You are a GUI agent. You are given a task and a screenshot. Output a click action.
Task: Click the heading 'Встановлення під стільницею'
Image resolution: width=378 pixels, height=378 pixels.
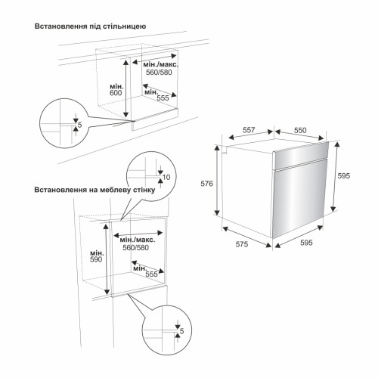pos(90,26)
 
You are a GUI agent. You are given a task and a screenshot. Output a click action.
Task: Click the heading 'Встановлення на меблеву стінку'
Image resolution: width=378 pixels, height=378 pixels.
pos(94,190)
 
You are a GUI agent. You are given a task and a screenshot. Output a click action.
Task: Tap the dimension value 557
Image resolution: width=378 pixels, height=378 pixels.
pos(249,130)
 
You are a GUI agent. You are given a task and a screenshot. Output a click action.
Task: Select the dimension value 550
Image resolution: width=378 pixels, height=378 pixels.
pos(300,130)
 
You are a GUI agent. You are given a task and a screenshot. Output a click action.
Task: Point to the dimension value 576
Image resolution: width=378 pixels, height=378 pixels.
pos(206,184)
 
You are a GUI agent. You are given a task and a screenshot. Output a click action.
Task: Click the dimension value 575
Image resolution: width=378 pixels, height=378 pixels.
pos(242,244)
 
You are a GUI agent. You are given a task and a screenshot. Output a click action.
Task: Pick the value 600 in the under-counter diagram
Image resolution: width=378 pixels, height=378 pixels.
pos(116,93)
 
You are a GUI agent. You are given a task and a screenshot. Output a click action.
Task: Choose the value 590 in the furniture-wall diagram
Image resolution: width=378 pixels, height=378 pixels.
pos(96,259)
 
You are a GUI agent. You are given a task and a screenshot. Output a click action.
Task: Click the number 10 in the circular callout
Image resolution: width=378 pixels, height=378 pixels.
pos(166,177)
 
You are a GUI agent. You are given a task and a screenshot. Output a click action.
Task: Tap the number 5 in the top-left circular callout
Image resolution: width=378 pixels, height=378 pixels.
pos(80,125)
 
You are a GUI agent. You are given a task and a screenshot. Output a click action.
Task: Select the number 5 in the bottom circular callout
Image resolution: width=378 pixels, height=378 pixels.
pos(182,331)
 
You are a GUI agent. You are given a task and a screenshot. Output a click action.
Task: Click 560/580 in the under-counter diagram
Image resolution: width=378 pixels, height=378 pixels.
pos(159,73)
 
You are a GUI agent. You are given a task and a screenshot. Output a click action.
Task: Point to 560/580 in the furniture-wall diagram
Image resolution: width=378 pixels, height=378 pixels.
pos(135,248)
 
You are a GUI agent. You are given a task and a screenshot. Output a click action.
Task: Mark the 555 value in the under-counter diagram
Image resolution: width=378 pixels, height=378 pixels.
pos(163,98)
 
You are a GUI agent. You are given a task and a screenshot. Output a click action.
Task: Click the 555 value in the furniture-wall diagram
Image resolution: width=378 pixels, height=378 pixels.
pos(151,274)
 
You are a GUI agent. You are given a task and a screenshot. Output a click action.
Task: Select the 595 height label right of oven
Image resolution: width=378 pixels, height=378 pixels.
pos(344,175)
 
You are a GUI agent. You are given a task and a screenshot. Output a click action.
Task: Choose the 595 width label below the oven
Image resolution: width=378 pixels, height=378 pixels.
pos(306,243)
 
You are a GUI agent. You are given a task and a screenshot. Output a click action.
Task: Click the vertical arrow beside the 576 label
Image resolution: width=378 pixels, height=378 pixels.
pos(217,180)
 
